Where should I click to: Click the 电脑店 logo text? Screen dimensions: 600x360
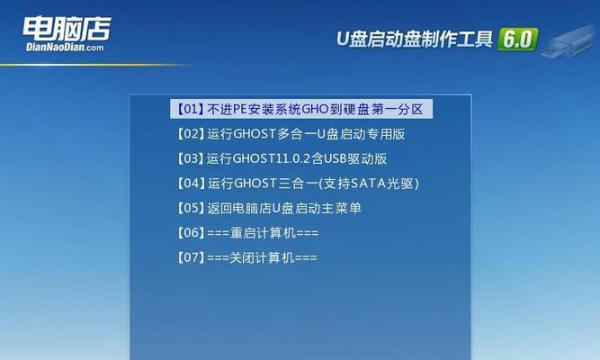(67, 29)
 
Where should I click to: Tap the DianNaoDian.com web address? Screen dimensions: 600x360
(65, 48)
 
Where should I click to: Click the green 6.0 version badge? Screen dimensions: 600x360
(518, 39)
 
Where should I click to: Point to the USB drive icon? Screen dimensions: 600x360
(569, 41)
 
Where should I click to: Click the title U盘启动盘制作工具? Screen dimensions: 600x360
(415, 39)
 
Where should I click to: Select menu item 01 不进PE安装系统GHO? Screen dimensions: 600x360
(301, 109)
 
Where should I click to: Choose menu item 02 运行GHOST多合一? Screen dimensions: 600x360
(291, 134)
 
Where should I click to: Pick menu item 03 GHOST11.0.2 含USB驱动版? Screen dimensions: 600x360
(282, 158)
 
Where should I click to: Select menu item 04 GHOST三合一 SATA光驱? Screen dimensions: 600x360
(298, 184)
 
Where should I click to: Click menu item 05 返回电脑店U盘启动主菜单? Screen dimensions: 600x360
(269, 208)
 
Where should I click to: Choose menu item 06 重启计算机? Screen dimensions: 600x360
(247, 232)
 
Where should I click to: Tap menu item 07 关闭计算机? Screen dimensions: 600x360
(246, 257)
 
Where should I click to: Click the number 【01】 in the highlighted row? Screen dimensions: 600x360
(190, 109)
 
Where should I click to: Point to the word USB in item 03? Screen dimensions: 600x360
(336, 158)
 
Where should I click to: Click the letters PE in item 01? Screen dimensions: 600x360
(239, 110)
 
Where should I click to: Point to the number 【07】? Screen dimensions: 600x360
(190, 257)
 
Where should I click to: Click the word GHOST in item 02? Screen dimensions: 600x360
(255, 134)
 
